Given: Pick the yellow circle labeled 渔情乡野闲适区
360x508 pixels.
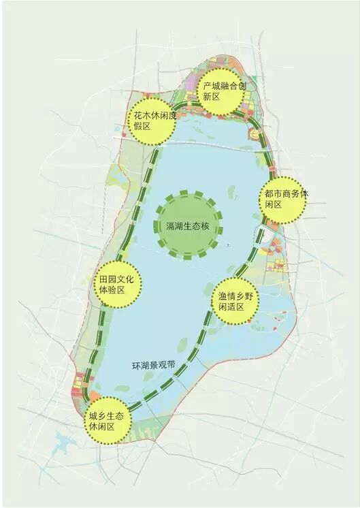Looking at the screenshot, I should [235, 301].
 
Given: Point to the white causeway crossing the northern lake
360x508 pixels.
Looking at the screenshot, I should [204, 144].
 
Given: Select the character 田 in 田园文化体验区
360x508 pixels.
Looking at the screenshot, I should [103, 279].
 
